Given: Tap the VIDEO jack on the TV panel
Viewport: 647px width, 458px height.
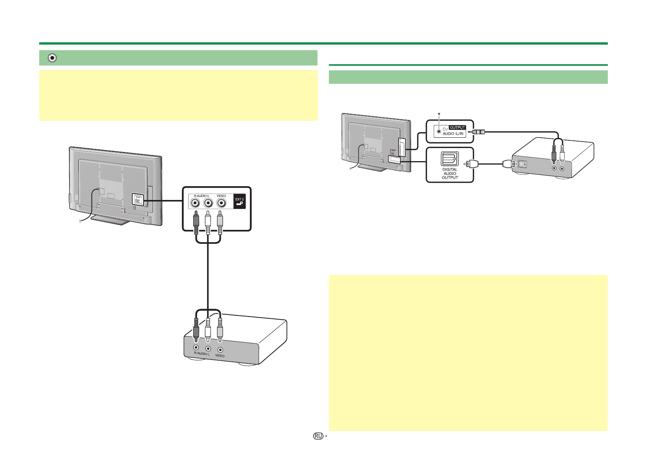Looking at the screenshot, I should (x=221, y=203).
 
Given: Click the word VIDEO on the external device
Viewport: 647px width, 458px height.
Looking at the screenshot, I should (x=220, y=356).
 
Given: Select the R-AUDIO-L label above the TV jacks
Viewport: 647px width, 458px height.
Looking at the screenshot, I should (x=202, y=196).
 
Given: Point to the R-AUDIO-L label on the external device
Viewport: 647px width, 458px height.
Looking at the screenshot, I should (x=202, y=353).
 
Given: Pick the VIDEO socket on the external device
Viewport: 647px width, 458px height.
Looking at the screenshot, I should (x=220, y=349).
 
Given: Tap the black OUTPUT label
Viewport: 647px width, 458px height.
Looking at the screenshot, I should (x=457, y=128).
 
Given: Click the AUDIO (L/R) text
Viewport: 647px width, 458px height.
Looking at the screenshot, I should (x=453, y=134).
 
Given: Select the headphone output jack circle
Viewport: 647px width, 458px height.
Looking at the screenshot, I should (x=439, y=132).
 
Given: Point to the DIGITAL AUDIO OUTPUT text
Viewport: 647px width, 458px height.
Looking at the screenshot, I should (x=450, y=173).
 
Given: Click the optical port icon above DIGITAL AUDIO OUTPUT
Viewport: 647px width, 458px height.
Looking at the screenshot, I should (x=450, y=159).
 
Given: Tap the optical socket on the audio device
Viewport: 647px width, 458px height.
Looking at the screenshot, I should (x=522, y=164).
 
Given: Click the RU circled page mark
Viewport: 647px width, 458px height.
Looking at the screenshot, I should (x=318, y=436).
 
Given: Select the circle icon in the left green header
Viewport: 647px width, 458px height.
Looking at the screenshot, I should (x=53, y=58).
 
